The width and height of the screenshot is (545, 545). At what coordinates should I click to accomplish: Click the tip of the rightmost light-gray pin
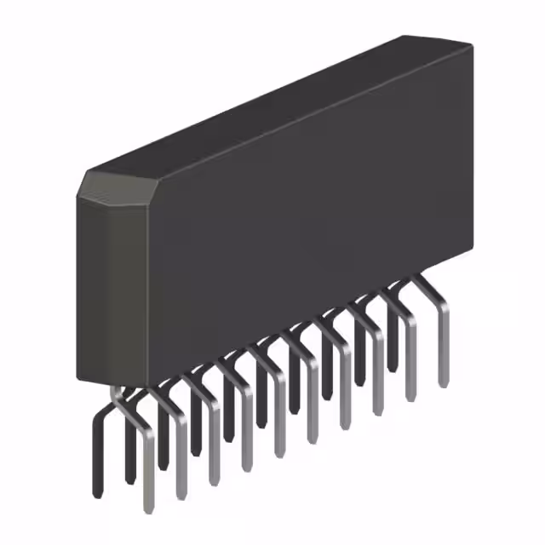point(443,383)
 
